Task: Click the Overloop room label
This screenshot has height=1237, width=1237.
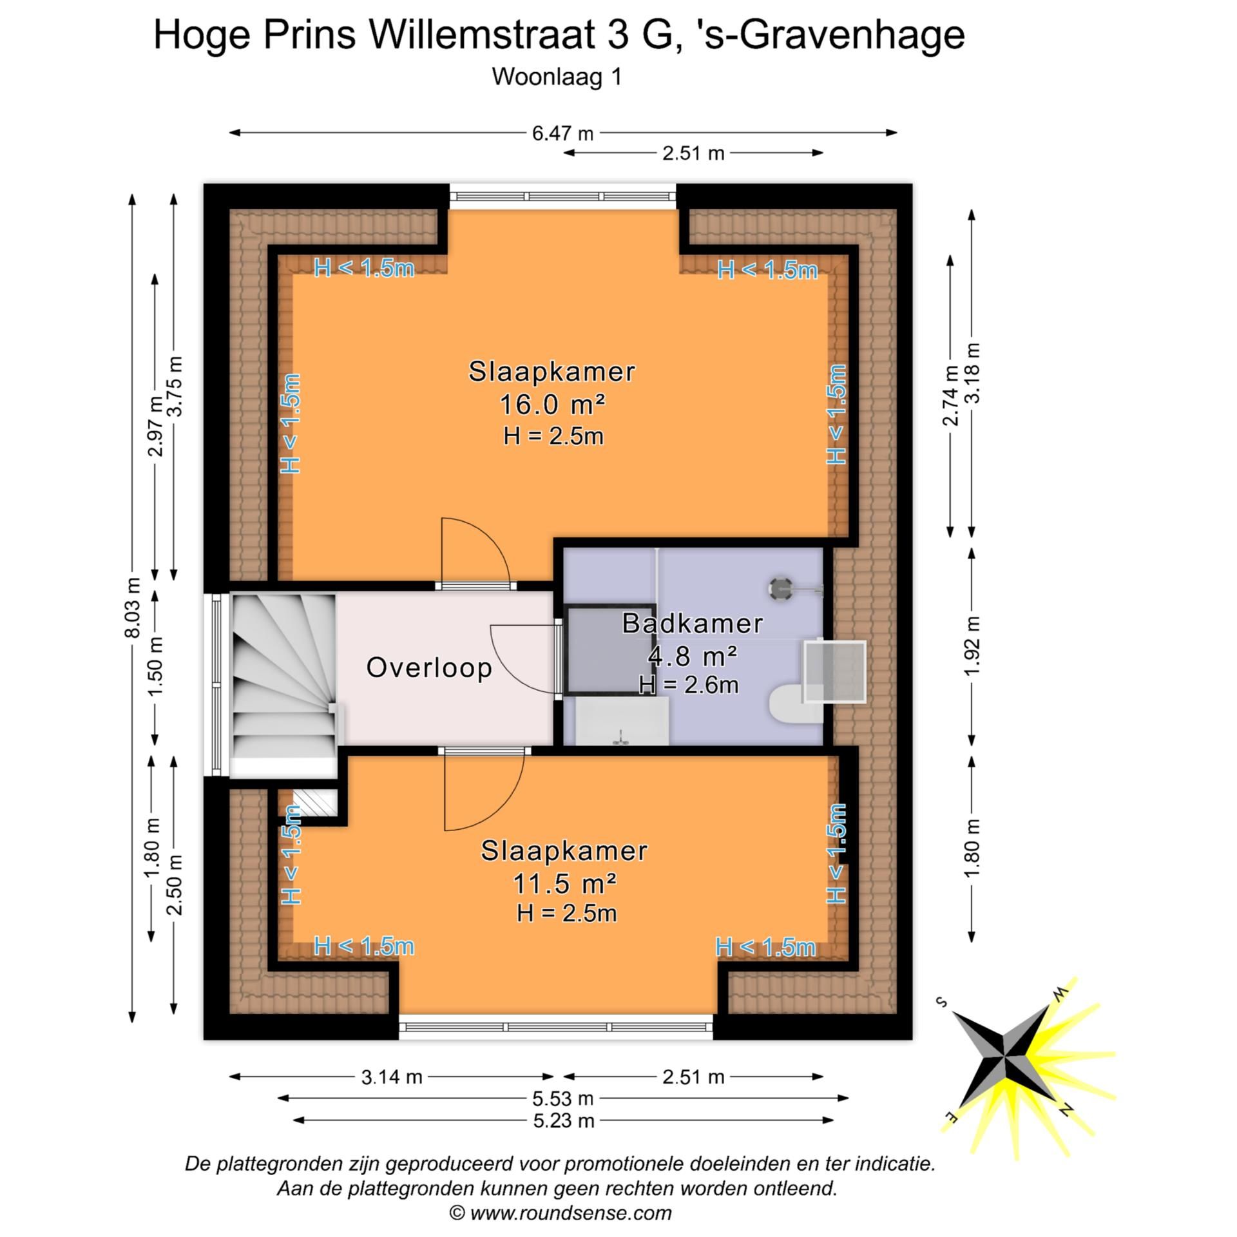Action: pos(429,667)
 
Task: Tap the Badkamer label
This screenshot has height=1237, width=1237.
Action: pos(692,624)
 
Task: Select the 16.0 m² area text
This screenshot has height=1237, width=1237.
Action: pos(552,405)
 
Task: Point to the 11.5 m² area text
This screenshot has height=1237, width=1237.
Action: pos(564,883)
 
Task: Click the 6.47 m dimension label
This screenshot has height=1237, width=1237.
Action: pos(562,133)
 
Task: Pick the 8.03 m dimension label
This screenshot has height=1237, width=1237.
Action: pos(133,608)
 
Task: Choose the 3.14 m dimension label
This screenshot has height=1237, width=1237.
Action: pos(391,1077)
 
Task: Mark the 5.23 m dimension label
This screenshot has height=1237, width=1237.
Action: pos(563,1120)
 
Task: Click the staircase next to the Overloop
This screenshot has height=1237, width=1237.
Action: pos(283,683)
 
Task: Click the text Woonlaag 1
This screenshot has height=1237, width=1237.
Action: pos(557,77)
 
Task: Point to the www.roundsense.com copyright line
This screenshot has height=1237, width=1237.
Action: pos(561,1213)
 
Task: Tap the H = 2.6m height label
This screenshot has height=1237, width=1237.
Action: pos(688,684)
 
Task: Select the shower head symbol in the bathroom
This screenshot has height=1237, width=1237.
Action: pos(781,588)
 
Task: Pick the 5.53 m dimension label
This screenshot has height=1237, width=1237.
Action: pos(563,1098)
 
